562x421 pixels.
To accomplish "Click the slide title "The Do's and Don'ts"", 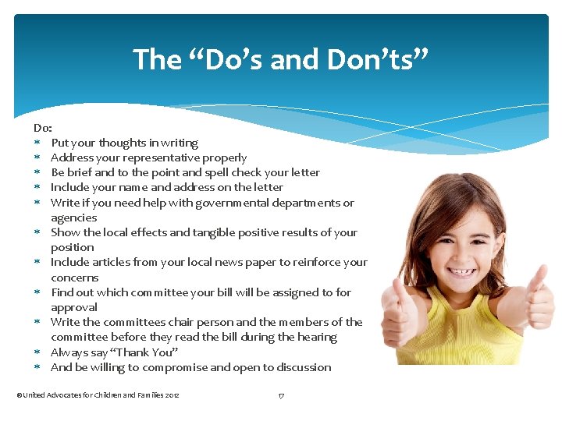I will coord(281,59).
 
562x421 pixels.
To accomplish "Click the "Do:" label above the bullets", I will coord(42,127).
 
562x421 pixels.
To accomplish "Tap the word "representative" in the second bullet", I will coord(159,157).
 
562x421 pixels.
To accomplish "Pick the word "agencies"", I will coord(73,218).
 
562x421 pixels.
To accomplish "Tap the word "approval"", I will coord(74,307).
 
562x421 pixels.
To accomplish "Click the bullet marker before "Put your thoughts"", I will coord(37,143).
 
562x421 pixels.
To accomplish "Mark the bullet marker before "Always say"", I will coord(37,352).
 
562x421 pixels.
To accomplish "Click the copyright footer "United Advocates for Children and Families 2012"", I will coord(98,395).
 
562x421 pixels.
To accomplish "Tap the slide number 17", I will coord(281,395).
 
